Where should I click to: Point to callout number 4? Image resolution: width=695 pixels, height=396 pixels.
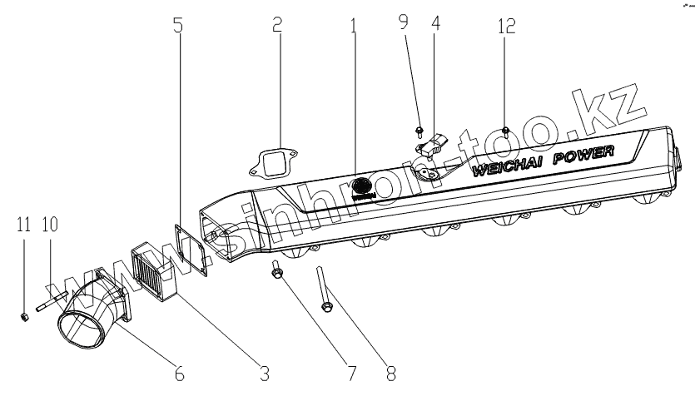tap(436, 25)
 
